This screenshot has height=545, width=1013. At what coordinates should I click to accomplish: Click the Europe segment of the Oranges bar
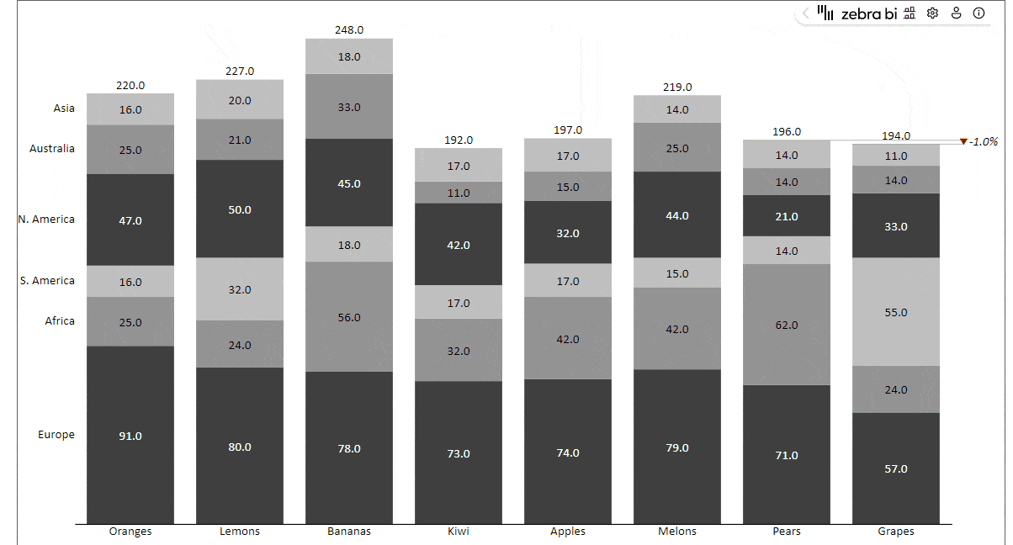tap(130, 436)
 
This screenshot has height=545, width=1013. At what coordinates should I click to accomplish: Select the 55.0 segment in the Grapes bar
tap(896, 312)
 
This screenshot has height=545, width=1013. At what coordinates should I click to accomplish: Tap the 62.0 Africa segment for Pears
tap(787, 325)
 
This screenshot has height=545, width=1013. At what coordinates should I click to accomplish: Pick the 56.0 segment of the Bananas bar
tap(349, 317)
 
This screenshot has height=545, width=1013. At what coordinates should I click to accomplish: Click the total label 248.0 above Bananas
tap(349, 29)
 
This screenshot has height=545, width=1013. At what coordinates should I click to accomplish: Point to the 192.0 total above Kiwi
tap(459, 140)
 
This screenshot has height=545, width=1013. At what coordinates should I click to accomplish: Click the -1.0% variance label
tap(982, 141)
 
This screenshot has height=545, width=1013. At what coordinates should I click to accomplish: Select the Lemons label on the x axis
tap(240, 532)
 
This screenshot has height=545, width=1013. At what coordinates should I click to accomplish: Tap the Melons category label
tap(677, 532)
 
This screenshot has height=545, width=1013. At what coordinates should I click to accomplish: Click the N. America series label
tap(47, 220)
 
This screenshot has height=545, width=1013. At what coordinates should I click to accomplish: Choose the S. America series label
tap(48, 281)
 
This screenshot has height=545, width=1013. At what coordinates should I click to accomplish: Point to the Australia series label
tap(52, 149)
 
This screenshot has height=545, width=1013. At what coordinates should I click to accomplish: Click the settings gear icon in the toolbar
tap(932, 13)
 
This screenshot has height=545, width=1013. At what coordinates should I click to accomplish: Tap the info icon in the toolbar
tap(979, 13)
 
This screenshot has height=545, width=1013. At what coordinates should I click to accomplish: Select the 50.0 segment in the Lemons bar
tap(240, 209)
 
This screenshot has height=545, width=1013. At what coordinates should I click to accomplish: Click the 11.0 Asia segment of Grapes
tap(896, 156)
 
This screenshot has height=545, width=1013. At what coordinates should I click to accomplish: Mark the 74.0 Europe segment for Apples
tap(568, 452)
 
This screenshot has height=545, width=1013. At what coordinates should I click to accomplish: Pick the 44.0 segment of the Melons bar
tap(677, 215)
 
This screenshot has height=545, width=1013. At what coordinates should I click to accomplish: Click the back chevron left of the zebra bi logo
tap(805, 13)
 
